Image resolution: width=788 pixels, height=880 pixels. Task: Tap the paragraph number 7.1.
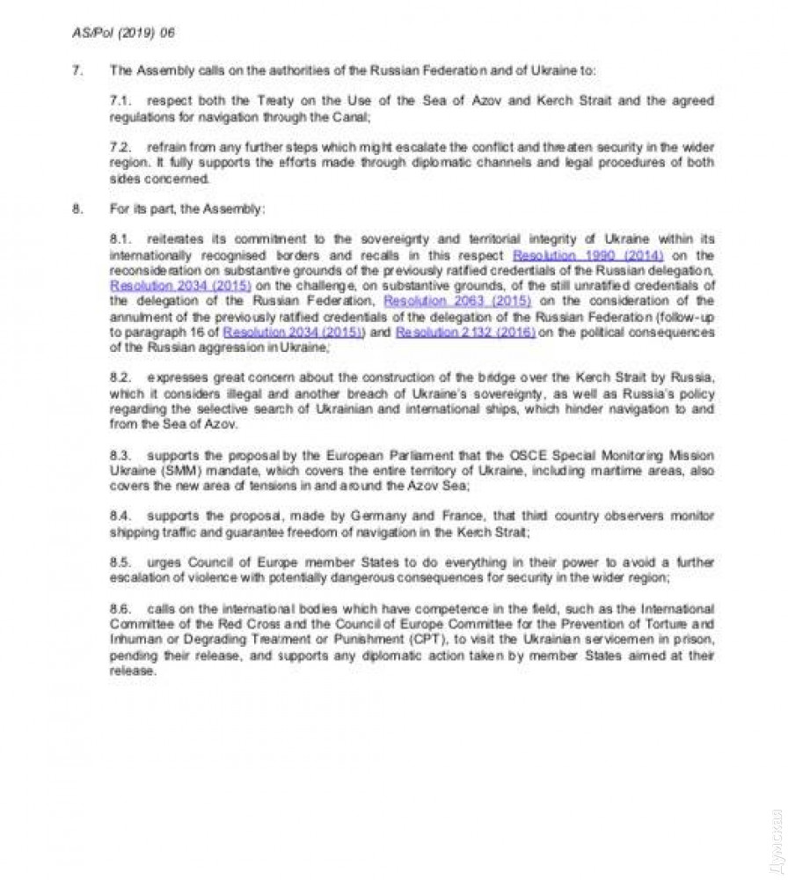click(120, 101)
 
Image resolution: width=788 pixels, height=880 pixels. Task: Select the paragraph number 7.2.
click(120, 146)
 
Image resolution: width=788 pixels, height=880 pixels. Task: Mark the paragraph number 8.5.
click(120, 562)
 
